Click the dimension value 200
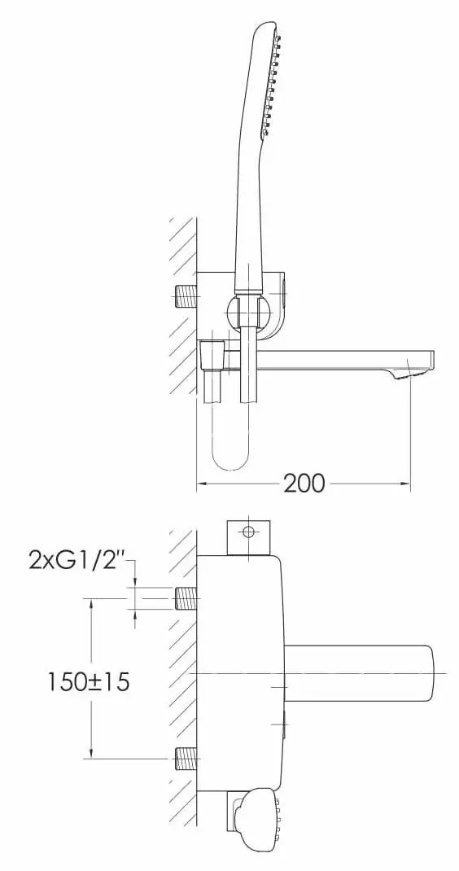click(x=304, y=484)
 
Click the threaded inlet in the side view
click(x=186, y=296)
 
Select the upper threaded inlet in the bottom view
click(x=186, y=599)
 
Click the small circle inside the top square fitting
click(x=248, y=532)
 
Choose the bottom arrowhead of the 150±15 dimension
click(x=92, y=755)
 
